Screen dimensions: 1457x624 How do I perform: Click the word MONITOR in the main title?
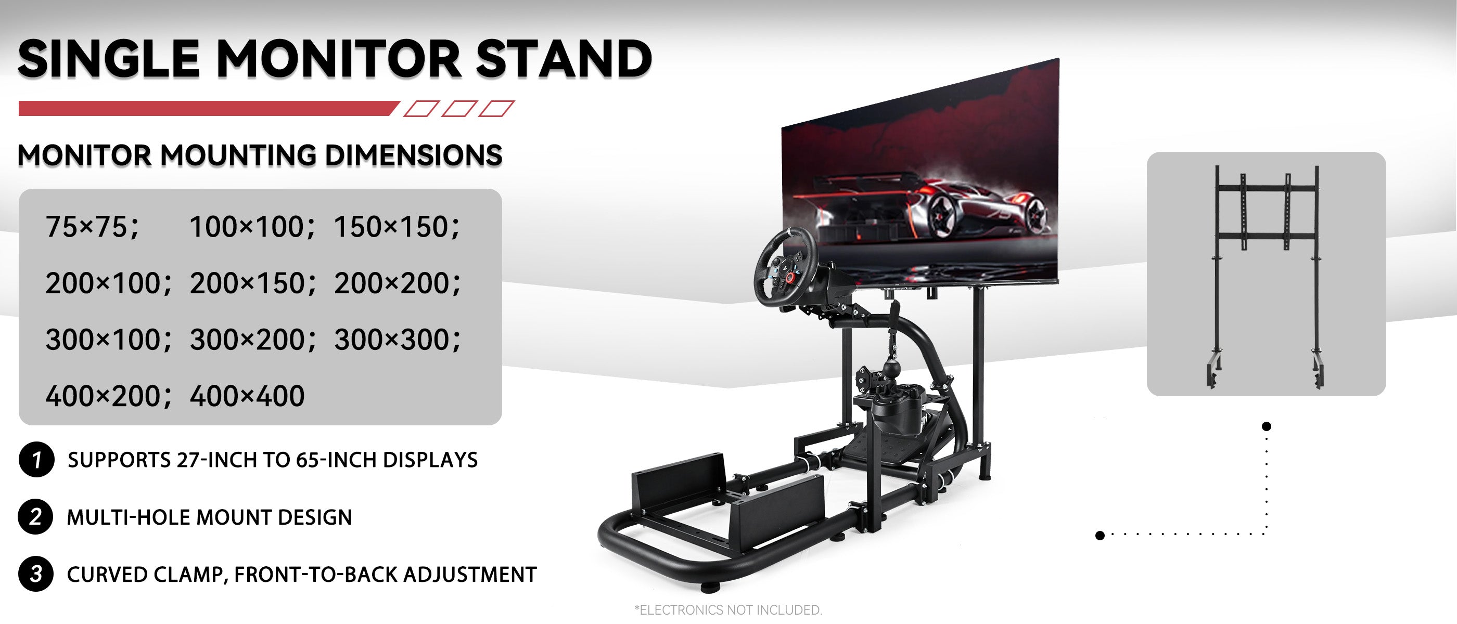(339, 59)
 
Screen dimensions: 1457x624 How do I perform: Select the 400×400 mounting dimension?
(247, 396)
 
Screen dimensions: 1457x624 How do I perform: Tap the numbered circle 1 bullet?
(36, 460)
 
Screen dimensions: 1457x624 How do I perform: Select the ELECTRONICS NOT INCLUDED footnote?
(728, 610)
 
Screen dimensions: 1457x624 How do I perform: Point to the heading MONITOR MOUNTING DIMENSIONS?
(260, 155)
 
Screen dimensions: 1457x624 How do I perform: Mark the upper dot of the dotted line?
(1267, 426)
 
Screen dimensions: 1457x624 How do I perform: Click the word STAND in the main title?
(564, 59)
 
